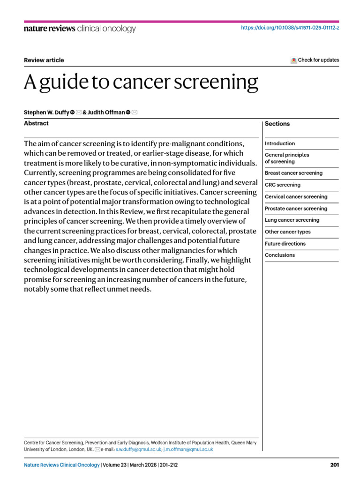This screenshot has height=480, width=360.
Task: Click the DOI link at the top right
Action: tap(290, 28)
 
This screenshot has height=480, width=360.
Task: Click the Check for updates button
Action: tap(315, 60)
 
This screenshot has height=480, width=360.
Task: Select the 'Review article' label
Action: tap(44, 60)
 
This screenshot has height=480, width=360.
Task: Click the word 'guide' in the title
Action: tap(65, 83)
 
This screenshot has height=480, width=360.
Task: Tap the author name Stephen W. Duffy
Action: tap(46, 112)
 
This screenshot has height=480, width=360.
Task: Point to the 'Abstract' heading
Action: tap(36, 123)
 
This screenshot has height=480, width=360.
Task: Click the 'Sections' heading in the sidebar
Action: tap(277, 124)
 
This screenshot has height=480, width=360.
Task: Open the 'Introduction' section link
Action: tap(280, 143)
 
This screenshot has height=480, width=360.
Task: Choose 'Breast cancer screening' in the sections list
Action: tap(293, 173)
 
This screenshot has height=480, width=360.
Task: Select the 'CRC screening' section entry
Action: tap(283, 185)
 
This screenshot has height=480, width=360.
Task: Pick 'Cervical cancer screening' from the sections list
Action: tap(296, 197)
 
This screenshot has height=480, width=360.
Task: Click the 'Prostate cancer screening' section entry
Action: tap(296, 209)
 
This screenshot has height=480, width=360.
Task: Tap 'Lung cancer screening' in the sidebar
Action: tap(292, 220)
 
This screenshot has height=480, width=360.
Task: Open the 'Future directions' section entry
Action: tap(285, 244)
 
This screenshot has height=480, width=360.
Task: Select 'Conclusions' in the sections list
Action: tap(280, 255)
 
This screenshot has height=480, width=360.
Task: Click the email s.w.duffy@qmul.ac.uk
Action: tap(139, 449)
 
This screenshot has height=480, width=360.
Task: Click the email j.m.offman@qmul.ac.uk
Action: tap(188, 449)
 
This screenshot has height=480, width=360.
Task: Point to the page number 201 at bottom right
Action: tap(334, 465)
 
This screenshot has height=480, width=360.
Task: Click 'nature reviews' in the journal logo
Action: tap(49, 29)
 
